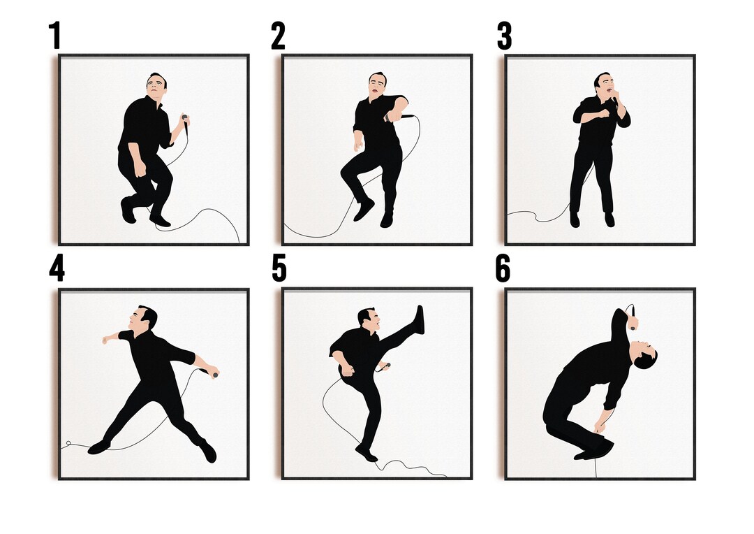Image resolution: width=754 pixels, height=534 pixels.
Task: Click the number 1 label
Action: tap(54, 36)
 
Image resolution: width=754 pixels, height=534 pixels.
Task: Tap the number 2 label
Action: tap(278, 36)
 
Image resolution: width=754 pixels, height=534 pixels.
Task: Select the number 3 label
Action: tap(504, 36)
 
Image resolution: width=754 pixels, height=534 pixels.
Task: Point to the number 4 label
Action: tap(56, 268)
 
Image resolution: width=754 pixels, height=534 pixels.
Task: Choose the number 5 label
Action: tap(279, 268)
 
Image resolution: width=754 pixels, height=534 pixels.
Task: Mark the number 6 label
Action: tap(503, 268)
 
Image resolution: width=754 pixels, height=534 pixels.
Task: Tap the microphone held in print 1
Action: tap(185, 119)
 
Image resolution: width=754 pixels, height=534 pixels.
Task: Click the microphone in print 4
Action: tap(214, 374)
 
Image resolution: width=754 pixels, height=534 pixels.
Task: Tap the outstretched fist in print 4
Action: tap(106, 340)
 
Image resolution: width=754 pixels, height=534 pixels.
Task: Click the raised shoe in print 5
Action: tap(419, 319)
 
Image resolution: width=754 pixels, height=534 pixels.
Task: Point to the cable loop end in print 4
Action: tap(68, 445)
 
